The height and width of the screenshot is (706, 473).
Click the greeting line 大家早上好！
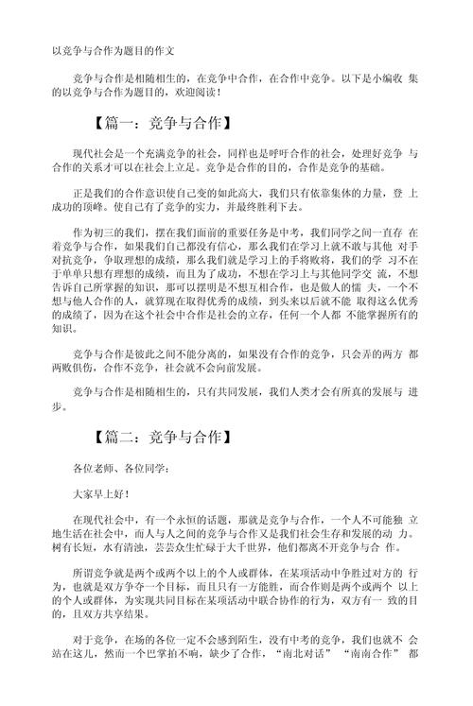click(104, 493)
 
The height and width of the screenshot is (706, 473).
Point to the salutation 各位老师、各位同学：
click(121, 469)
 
